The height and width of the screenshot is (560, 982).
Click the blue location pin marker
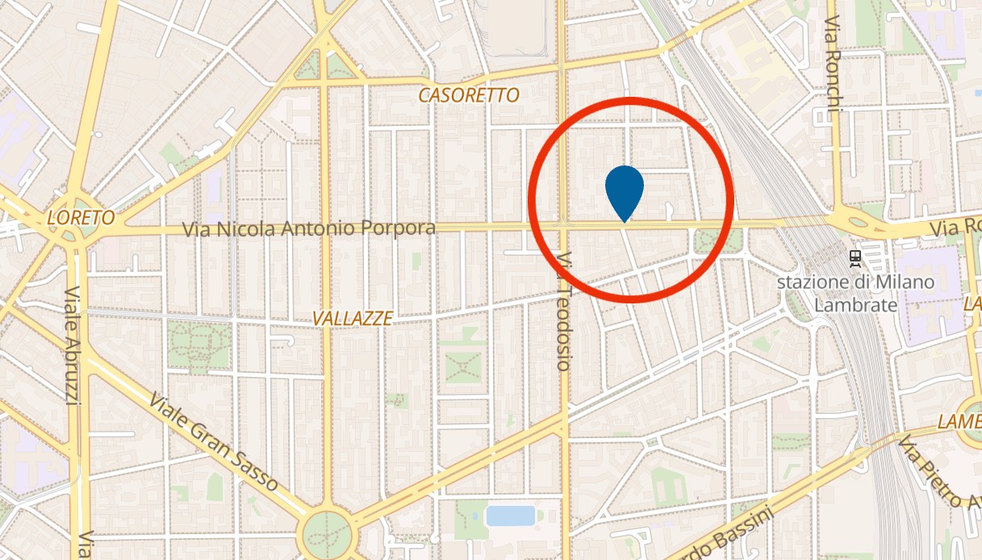tap(624, 188)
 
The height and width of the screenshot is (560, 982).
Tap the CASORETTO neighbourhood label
tap(469, 95)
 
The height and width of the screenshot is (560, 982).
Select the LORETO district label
tap(81, 218)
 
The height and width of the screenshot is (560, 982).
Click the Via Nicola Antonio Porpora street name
tap(309, 228)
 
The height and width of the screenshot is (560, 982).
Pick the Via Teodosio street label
tap(563, 311)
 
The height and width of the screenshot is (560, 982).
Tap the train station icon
tap(855, 258)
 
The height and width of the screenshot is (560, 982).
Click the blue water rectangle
tap(511, 515)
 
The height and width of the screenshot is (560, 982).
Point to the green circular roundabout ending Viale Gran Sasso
tap(328, 533)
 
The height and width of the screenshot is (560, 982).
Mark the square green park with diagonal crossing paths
tap(464, 367)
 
